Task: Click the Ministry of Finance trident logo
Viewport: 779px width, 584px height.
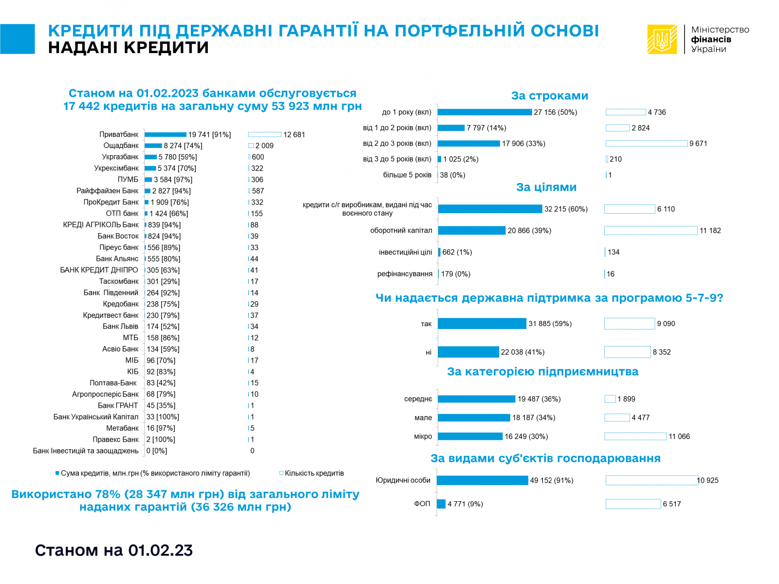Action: (662, 39)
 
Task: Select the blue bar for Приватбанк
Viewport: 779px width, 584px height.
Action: (166, 135)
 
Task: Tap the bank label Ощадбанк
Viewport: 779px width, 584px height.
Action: (121, 146)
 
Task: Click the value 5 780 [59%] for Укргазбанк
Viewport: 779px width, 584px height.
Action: (178, 157)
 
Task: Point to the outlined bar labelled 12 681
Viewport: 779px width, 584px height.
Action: (265, 135)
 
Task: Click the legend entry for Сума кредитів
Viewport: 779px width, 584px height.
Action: (153, 473)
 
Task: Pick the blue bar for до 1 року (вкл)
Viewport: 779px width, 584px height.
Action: (485, 112)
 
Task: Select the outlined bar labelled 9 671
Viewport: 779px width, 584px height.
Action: (647, 144)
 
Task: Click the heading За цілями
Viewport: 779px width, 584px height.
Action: (546, 187)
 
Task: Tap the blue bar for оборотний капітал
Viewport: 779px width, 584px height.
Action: (472, 231)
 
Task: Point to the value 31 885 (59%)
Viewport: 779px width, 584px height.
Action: (550, 324)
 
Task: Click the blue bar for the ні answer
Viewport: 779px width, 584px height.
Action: (468, 352)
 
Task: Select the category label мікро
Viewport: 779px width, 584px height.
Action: (423, 437)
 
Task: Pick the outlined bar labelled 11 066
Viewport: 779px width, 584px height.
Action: (635, 437)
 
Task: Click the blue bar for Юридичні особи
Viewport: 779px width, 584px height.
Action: (482, 480)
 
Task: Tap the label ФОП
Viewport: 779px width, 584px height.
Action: (422, 504)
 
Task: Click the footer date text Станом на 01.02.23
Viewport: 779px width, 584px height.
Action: (114, 550)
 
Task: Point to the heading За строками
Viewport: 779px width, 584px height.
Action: (550, 96)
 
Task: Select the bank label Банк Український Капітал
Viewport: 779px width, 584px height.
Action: (96, 417)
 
